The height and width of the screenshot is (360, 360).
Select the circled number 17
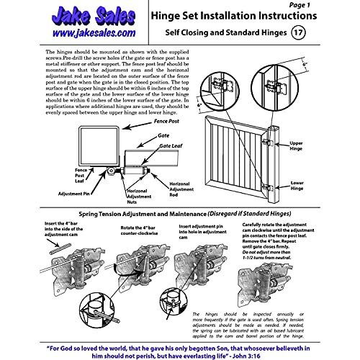298,33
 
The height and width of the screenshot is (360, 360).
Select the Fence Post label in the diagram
167,123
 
